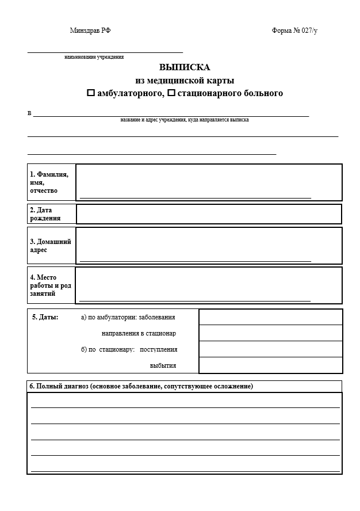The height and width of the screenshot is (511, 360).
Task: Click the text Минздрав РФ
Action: coord(90,30)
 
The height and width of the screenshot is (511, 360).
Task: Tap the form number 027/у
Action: coord(294,30)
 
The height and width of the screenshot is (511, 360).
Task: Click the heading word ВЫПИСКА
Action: coord(185,67)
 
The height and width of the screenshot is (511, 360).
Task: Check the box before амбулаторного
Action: coord(90,93)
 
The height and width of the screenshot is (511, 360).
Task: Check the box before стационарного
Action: coord(171,93)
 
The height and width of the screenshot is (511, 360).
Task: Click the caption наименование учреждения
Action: coord(94,57)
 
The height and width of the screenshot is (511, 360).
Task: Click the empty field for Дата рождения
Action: coord(209,214)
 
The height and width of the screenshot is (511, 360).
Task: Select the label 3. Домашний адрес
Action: coord(50,246)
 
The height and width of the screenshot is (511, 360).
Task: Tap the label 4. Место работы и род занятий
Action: coord(51,285)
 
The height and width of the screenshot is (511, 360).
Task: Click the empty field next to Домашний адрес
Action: coord(209,245)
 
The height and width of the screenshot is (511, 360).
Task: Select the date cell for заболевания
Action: coord(270,317)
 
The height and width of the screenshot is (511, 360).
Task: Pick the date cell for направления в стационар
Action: coord(270,333)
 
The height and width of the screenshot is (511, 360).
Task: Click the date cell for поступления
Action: coord(270,349)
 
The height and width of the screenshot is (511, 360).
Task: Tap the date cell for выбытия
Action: coord(270,365)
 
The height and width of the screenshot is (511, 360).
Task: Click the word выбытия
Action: coord(163,365)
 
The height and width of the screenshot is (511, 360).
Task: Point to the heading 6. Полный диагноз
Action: coord(141,386)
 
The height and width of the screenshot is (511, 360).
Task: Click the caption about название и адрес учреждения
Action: coord(185,120)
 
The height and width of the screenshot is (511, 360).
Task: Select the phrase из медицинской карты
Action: coord(185,80)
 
